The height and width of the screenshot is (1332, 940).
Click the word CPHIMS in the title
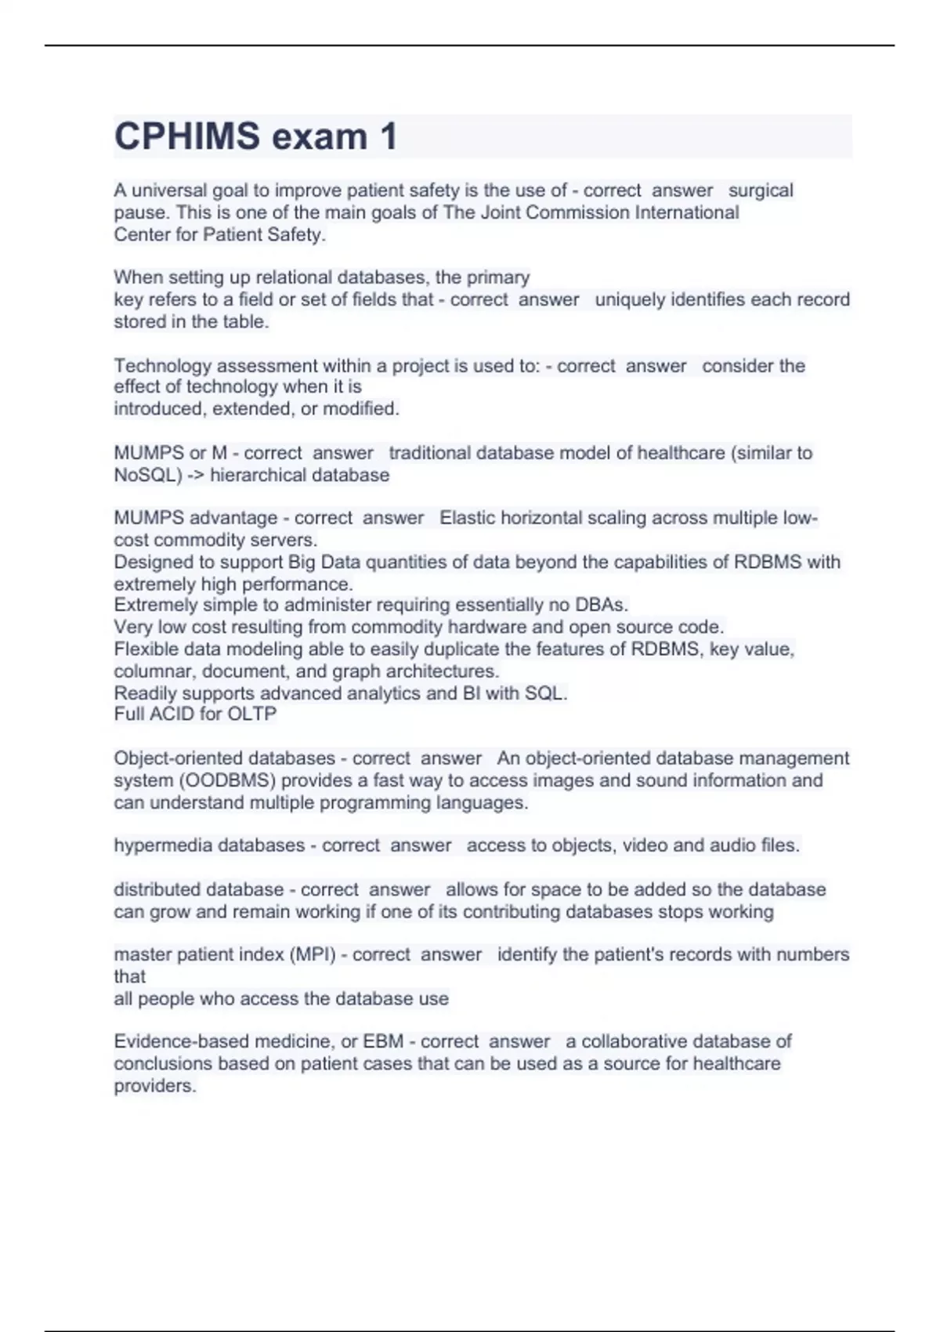tap(186, 136)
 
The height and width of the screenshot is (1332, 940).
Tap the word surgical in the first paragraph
tap(761, 190)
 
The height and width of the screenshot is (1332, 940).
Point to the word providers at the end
tap(154, 1086)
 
